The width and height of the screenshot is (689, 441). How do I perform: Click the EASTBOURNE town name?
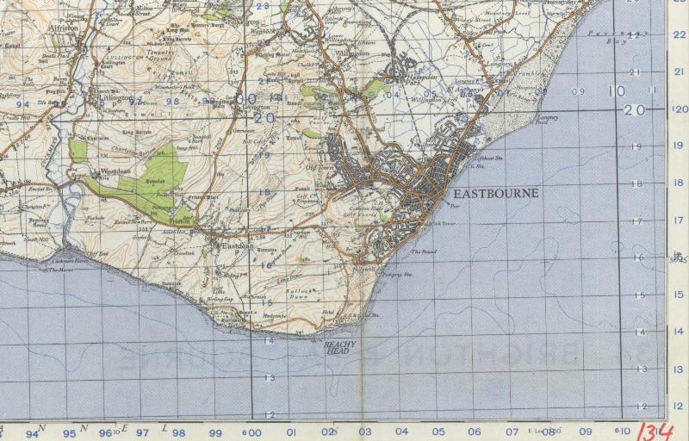click(495, 194)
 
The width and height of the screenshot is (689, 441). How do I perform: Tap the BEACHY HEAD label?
click(339, 346)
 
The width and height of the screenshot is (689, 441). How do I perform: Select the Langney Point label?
click(547, 120)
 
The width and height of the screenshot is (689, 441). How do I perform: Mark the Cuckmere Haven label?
click(69, 260)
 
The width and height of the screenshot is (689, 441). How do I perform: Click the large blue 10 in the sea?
click(616, 91)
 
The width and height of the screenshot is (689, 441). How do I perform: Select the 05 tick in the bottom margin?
click(438, 432)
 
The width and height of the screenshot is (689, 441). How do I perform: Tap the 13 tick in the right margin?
click(680, 369)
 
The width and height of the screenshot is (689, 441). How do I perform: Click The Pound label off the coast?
click(423, 252)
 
